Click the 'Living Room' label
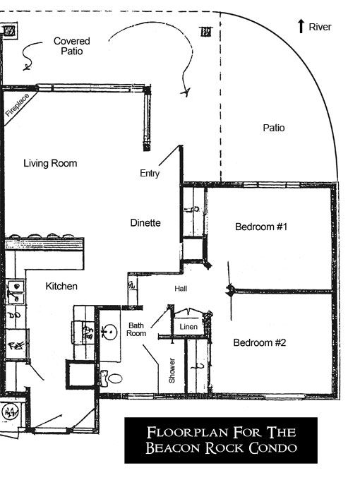[50, 163]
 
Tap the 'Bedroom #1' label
[261, 227]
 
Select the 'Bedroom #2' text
[260, 342]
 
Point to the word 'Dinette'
[145, 222]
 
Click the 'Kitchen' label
[61, 286]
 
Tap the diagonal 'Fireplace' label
[18, 105]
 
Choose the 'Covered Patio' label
[71, 46]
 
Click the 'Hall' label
[181, 289]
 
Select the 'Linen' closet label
[188, 327]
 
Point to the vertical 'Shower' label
[172, 371]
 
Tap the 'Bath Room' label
[136, 330]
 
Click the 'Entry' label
[150, 173]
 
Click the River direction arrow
[301, 25]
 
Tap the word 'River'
[320, 27]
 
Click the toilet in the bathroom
[111, 378]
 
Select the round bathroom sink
[109, 332]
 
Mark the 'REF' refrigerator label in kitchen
[16, 346]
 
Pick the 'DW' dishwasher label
[14, 315]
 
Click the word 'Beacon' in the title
[173, 448]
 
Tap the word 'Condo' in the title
[272, 448]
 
